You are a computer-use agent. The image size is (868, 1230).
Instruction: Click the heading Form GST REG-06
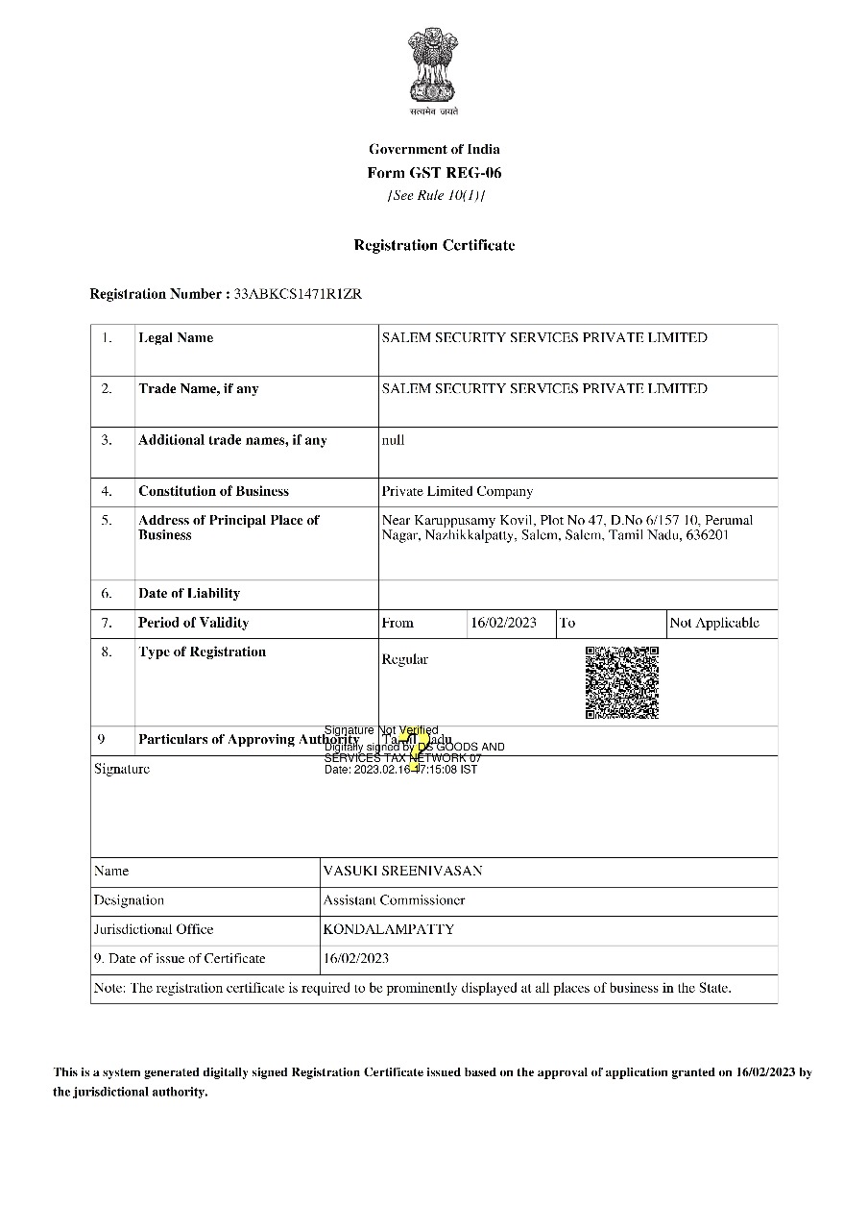[x=434, y=173]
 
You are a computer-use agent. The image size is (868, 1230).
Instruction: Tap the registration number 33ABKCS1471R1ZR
[x=299, y=294]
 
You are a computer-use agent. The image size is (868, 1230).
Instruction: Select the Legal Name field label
[x=176, y=337]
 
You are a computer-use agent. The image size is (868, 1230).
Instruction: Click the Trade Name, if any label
[x=198, y=389]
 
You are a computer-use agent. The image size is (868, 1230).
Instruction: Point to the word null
[x=393, y=440]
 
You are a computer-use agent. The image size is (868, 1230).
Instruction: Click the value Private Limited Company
[x=457, y=491]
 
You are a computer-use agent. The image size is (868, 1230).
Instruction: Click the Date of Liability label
[x=188, y=594]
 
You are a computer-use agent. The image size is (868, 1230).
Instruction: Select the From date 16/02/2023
[x=503, y=623]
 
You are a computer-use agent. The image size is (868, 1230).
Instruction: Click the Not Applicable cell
[x=714, y=623]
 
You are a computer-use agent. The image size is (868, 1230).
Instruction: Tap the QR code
[x=622, y=682]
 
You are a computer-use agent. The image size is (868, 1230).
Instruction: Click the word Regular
[x=404, y=659]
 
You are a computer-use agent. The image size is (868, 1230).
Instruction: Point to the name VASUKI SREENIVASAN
[x=403, y=871]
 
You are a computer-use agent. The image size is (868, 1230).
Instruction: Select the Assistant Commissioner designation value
[x=394, y=900]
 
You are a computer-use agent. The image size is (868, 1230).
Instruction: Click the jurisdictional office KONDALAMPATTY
[x=389, y=929]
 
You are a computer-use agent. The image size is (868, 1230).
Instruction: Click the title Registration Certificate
[x=434, y=245]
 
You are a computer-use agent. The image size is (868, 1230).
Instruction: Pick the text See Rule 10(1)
[x=435, y=196]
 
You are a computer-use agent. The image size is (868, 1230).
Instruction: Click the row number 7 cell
[x=107, y=623]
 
